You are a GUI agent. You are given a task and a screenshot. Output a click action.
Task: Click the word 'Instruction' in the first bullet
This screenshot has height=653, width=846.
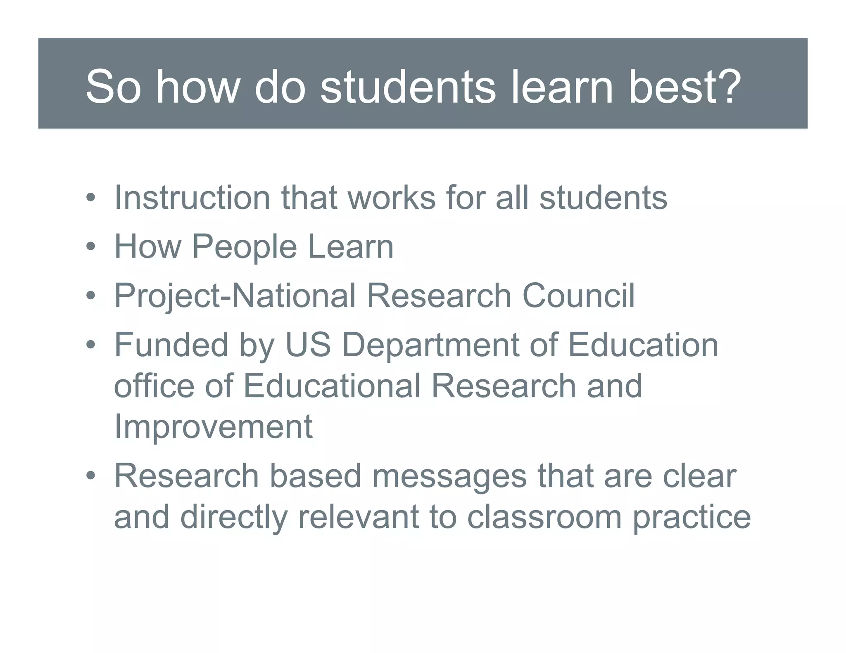[x=192, y=198]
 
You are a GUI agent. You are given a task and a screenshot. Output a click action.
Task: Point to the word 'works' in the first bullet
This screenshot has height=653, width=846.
[x=392, y=198]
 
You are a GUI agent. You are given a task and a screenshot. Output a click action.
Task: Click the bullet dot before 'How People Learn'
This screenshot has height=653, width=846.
[x=91, y=247]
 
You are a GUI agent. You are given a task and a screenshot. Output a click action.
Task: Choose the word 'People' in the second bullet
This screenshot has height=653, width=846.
[x=245, y=247]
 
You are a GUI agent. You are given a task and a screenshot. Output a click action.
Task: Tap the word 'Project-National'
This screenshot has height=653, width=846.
[x=235, y=296]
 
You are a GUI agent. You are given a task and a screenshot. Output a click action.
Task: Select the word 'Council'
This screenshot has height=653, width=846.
[x=578, y=296]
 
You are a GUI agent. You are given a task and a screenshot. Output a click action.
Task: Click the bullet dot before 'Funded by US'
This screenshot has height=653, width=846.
[x=91, y=345]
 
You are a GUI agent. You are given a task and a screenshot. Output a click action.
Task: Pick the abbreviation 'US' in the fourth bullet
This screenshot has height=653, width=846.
[x=308, y=345]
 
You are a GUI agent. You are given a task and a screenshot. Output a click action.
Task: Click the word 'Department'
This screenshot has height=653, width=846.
[x=430, y=345]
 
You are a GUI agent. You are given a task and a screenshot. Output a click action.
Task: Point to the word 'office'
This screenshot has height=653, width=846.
[x=154, y=386]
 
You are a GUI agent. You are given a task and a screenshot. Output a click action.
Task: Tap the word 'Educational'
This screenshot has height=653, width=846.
[x=331, y=386]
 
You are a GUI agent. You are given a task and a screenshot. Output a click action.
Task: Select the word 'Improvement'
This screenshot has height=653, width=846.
[x=213, y=427]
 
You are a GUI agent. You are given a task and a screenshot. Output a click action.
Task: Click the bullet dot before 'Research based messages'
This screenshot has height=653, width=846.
[x=91, y=476]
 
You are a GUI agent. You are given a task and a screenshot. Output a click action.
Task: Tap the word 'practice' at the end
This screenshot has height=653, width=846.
[x=692, y=518]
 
